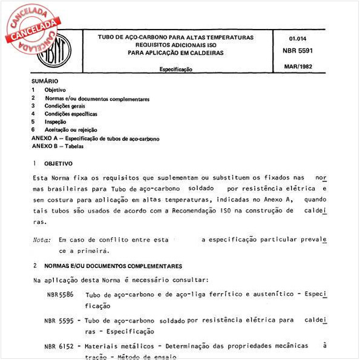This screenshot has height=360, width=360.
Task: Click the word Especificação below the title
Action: coord(176,70)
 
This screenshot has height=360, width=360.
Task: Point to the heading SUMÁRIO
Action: coord(44,80)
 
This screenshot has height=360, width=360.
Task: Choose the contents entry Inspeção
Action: coord(55,122)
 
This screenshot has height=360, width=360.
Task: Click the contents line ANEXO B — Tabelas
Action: coord(59,146)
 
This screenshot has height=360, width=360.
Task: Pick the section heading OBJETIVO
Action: coord(58,163)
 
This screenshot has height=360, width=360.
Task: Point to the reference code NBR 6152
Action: coord(59,346)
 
